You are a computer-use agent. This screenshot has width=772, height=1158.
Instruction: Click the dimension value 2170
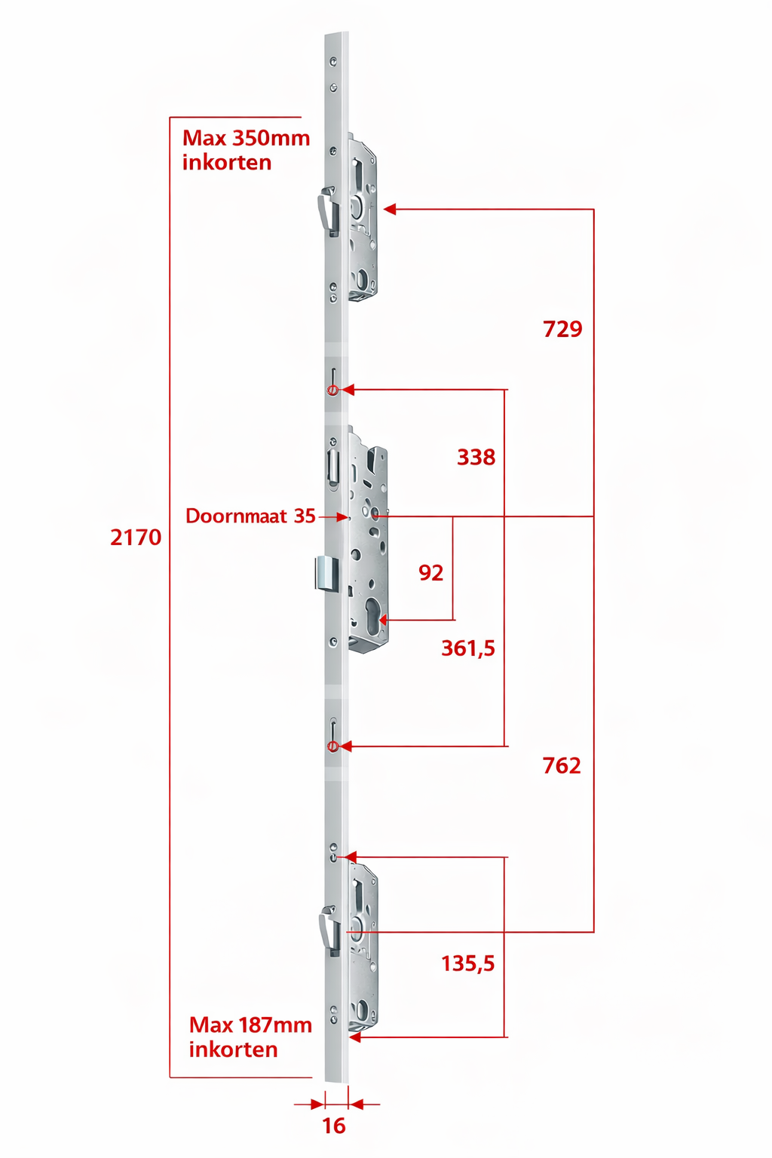tap(136, 538)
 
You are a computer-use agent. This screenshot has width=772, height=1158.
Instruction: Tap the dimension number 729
tap(562, 329)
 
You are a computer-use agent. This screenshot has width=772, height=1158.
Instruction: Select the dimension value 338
tap(476, 458)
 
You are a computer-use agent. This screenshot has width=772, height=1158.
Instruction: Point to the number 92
tap(430, 573)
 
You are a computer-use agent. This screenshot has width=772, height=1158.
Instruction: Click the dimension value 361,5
tap(468, 648)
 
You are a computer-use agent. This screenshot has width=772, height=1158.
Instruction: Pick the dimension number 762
tap(562, 766)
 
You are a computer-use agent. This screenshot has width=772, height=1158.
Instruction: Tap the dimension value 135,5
tap(468, 963)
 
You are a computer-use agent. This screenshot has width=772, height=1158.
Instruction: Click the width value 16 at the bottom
tap(334, 1126)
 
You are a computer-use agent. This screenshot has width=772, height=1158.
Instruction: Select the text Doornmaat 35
tap(250, 516)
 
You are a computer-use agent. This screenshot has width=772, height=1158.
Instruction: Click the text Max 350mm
tap(246, 138)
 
